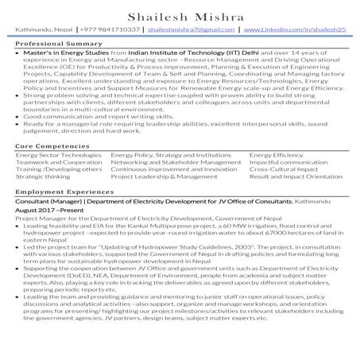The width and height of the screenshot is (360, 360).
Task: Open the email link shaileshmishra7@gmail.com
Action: [189, 29]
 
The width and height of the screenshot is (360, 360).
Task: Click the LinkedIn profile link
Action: [294, 29]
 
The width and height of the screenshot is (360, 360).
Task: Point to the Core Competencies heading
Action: [47, 147]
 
